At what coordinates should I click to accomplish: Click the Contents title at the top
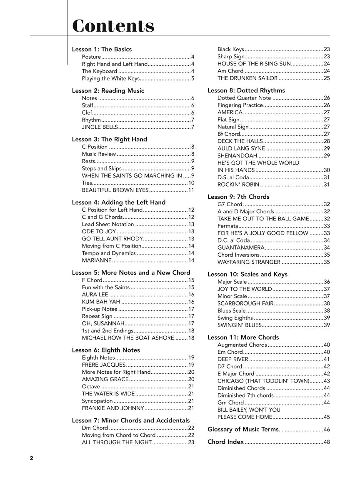click(113, 26)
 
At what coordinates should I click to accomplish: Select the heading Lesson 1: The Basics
click(102, 49)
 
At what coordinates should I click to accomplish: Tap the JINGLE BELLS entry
click(100, 127)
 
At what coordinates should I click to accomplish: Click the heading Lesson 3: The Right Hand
click(109, 139)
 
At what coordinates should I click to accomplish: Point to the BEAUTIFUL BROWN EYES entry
click(115, 190)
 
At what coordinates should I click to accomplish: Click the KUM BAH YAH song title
click(101, 302)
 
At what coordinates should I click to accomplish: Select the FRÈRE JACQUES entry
click(103, 365)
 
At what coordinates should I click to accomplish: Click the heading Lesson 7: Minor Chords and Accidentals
click(130, 420)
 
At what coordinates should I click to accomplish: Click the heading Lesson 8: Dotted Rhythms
click(246, 90)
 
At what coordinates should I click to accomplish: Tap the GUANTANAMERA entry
click(241, 247)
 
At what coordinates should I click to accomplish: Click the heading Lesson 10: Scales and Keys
click(247, 274)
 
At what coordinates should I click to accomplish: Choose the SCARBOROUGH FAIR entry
click(245, 303)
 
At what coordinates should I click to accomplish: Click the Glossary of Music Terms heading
click(242, 429)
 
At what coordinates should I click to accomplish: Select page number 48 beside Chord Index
click(326, 442)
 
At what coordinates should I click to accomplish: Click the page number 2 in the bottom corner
click(31, 458)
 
